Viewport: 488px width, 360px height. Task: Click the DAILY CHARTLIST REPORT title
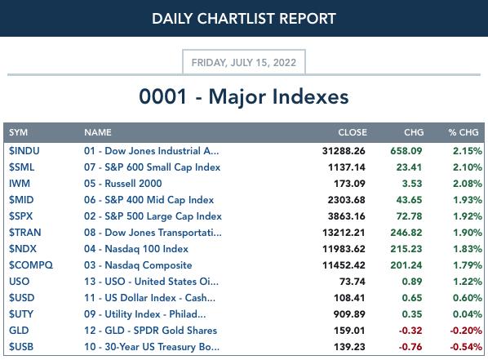pos(244,19)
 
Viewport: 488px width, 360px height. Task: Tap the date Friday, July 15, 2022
pos(244,63)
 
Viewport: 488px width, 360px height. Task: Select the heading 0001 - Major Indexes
pos(244,96)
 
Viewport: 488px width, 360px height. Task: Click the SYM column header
pos(19,132)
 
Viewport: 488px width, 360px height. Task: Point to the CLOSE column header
pos(353,132)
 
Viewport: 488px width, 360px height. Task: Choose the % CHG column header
pos(464,132)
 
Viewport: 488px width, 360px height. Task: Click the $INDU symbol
pos(24,151)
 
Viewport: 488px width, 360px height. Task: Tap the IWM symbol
pos(20,184)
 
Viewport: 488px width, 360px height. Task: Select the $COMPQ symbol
pos(31,265)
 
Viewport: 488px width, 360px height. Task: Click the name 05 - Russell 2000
pos(123,184)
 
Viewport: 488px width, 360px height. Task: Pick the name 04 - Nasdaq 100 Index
pos(136,249)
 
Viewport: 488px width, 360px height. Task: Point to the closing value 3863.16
pos(346,216)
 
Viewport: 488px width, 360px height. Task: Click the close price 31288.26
pos(344,151)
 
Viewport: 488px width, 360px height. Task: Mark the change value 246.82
pos(406,233)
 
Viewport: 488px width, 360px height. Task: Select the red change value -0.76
pos(410,347)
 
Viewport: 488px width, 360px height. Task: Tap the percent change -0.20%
pos(466,331)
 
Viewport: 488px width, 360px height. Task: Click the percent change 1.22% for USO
pos(468,282)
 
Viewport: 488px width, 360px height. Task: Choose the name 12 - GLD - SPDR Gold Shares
pos(150,331)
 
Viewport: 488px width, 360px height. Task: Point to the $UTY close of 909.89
pos(349,314)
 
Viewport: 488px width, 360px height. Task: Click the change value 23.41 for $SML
pos(409,167)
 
